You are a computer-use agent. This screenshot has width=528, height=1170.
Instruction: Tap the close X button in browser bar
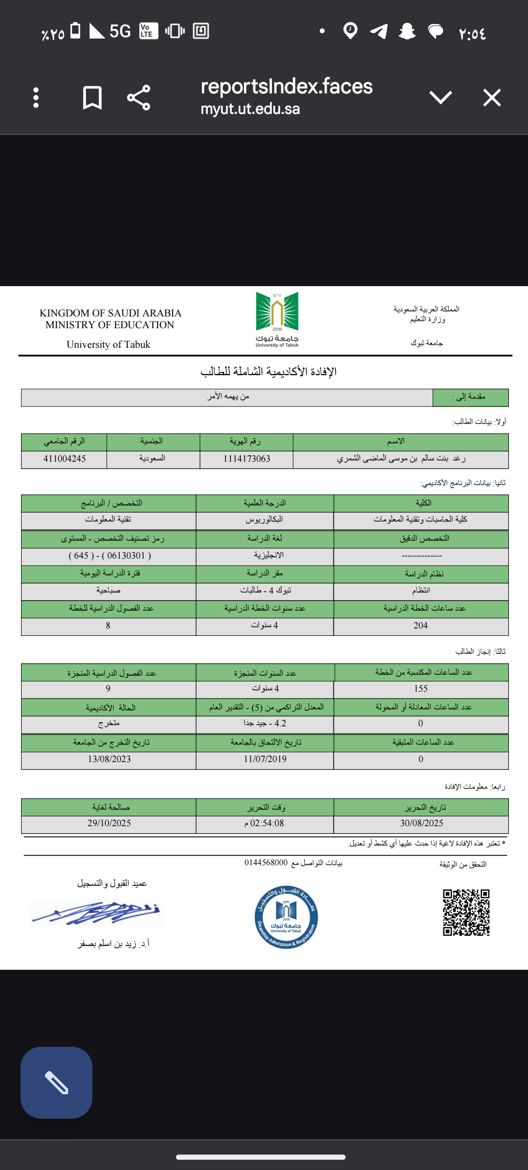(492, 97)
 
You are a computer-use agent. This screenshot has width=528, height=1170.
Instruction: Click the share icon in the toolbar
(138, 97)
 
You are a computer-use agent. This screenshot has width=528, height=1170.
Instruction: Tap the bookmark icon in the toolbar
(92, 97)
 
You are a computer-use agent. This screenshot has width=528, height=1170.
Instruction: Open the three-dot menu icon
(36, 97)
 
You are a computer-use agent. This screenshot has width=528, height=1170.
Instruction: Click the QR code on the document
(466, 912)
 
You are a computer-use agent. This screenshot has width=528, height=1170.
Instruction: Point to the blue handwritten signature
(98, 912)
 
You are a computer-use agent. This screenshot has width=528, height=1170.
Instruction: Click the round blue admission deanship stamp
(286, 917)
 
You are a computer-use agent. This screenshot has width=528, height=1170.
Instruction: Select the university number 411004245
(65, 459)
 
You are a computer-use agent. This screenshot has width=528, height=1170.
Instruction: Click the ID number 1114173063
(247, 459)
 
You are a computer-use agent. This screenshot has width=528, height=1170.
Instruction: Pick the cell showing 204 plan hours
(420, 626)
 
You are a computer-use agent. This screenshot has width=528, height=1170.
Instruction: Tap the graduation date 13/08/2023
(110, 759)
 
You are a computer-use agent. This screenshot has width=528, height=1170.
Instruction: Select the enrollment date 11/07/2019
(265, 759)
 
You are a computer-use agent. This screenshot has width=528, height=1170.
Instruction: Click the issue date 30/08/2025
(421, 823)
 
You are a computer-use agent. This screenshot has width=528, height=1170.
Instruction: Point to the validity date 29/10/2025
(110, 823)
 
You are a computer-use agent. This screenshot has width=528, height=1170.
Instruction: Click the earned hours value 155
(420, 689)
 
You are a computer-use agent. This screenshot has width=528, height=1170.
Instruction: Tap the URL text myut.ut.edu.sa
(250, 109)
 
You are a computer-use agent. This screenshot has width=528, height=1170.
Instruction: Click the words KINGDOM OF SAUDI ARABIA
(110, 313)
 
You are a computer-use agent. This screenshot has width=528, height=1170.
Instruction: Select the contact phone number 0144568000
(266, 862)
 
